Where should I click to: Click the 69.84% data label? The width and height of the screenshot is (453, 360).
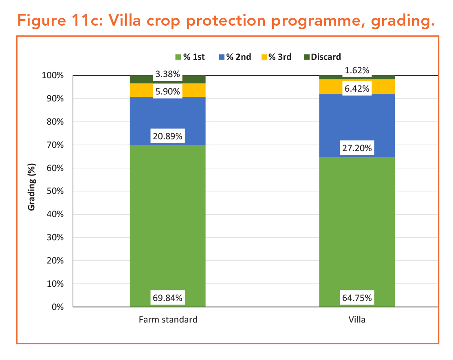(x=167, y=298)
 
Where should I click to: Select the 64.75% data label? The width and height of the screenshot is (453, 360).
(x=357, y=298)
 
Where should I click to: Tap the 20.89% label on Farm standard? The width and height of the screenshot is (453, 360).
(x=167, y=136)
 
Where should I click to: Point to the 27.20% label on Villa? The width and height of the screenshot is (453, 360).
(x=357, y=148)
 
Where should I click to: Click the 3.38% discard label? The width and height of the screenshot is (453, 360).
(x=167, y=74)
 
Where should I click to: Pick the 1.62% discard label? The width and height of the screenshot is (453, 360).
(x=357, y=70)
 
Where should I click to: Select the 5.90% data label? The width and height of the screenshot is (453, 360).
(x=167, y=92)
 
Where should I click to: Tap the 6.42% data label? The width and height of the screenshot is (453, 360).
(x=357, y=88)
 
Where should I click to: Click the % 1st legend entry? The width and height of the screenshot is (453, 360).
(x=190, y=57)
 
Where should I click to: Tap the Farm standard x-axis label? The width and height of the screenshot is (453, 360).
(x=167, y=319)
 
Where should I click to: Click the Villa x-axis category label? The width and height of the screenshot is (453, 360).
(x=357, y=319)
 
